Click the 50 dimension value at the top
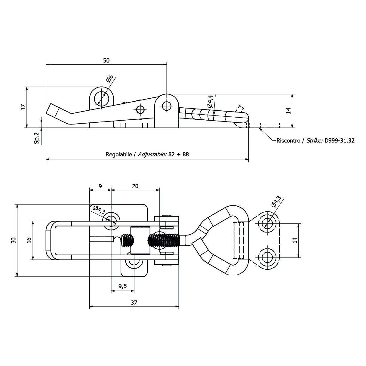click(106, 60)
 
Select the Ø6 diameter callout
click(109, 79)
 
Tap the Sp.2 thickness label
click(37, 138)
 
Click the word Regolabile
click(118, 155)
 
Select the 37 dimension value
click(134, 303)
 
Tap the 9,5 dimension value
click(122, 286)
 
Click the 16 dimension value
click(29, 240)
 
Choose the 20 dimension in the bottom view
click(135, 186)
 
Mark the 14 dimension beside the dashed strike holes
click(295, 240)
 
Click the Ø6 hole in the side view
click(101, 97)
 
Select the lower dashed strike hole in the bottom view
click(266, 257)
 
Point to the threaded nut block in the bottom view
click(140, 240)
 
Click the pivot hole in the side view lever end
click(166, 106)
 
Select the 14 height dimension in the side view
click(288, 111)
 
